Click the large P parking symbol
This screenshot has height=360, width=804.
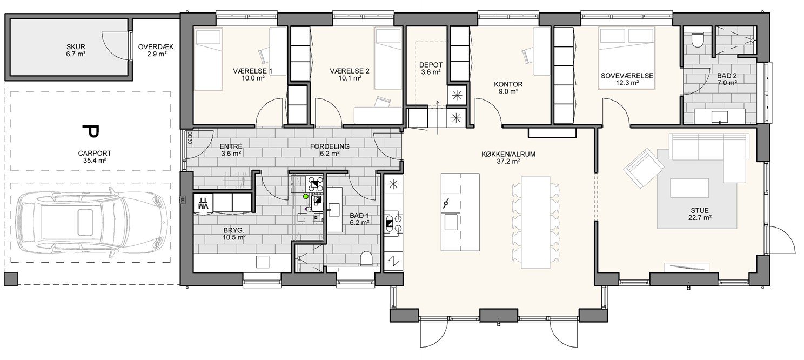(91, 131)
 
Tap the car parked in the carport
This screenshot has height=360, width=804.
(92, 223)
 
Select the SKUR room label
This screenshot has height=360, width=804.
(76, 46)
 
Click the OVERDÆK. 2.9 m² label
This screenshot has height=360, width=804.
(157, 50)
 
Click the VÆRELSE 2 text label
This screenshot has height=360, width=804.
(350, 71)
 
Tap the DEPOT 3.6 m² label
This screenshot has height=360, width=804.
(431, 68)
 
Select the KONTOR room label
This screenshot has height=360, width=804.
(508, 84)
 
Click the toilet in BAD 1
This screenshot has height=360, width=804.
(366, 258)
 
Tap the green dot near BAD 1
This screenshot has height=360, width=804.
(306, 196)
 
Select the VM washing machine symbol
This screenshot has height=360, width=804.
(204, 204)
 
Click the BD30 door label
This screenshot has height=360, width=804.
(190, 137)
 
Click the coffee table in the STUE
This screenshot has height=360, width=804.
(689, 188)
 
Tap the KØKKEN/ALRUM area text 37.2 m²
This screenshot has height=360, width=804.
(508, 162)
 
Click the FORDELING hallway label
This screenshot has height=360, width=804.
(330, 146)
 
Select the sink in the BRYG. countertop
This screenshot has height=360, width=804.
(263, 262)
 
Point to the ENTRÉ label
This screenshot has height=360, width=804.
(231, 146)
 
